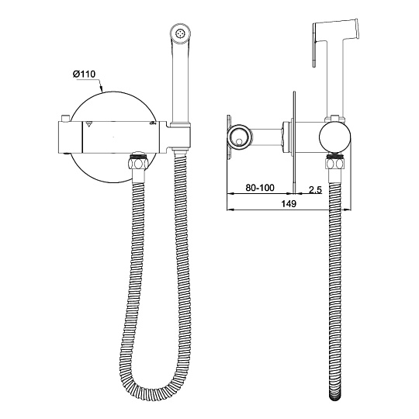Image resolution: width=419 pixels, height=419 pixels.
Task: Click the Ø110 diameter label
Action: click(84, 74)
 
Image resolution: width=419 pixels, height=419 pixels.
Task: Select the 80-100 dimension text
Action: click(260, 188)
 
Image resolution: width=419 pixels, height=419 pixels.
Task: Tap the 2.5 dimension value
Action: click(315, 190)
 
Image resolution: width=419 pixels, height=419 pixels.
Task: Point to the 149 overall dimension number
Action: click(289, 203)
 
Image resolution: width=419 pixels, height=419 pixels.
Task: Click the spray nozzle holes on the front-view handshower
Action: click(180, 33)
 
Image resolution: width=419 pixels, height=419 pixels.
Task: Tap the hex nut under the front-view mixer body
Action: click(138, 163)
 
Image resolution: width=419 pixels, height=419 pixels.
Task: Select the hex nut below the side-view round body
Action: click(334, 163)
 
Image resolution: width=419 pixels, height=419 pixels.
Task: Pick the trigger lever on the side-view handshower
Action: click(316, 44)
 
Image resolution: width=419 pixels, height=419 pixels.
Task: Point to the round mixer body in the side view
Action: click(335, 138)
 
